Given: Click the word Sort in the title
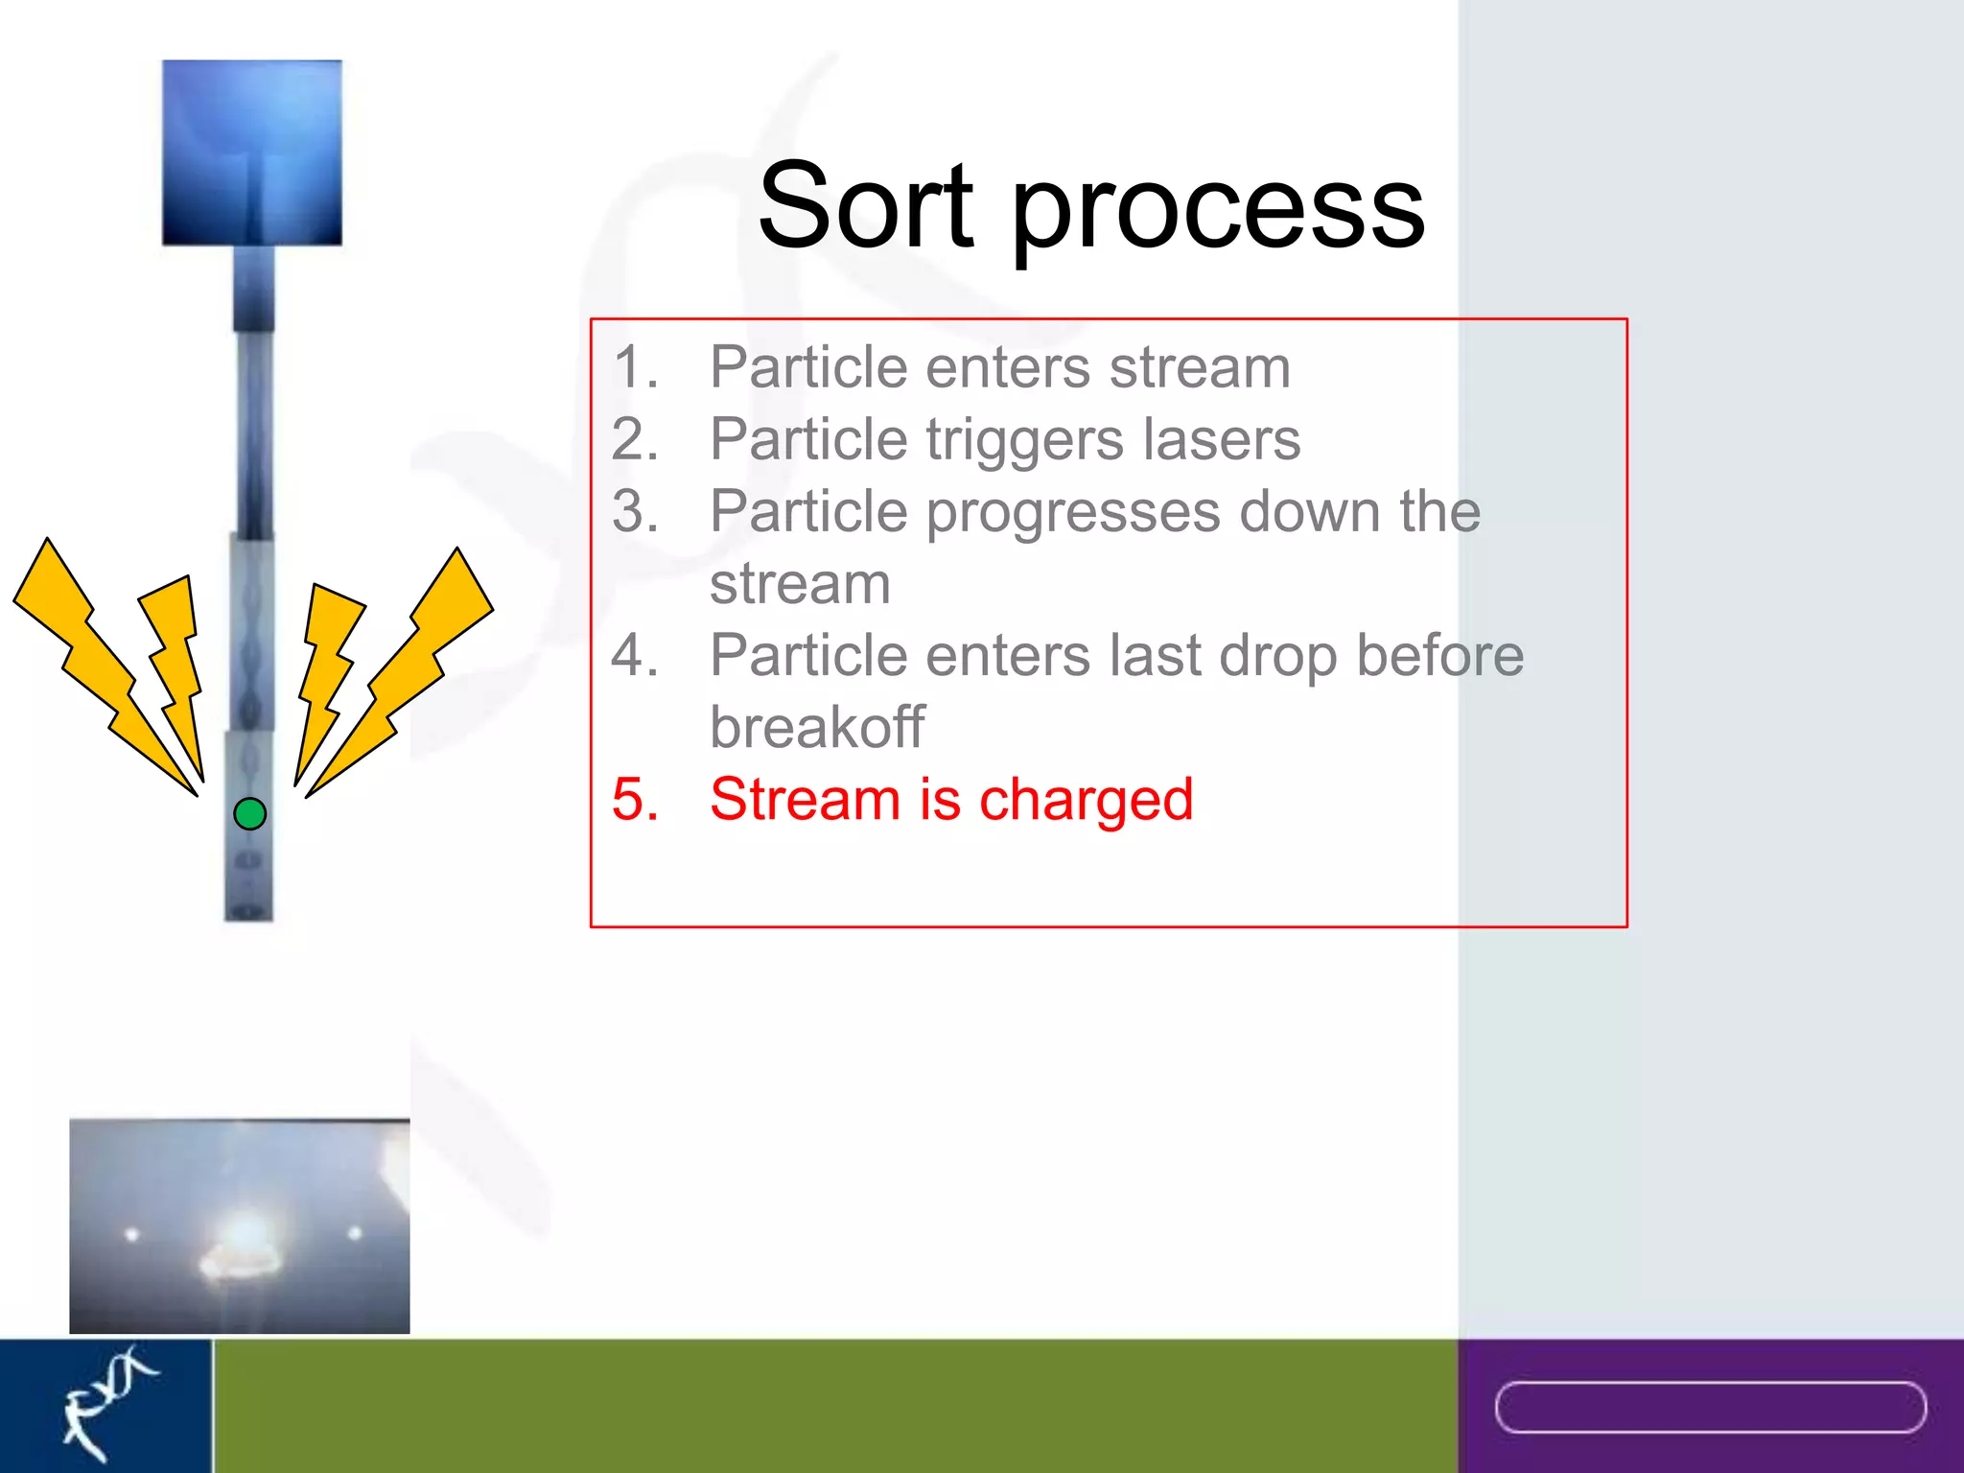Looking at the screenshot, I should click(865, 206).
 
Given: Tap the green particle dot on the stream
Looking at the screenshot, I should click(249, 814).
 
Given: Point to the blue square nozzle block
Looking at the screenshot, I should click(251, 152).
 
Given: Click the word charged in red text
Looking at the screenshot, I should click(1086, 801).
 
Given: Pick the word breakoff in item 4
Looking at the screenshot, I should click(817, 727).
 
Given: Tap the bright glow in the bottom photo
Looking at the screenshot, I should click(245, 1237).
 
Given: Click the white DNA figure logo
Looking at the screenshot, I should click(105, 1402).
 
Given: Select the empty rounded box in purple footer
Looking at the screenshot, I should click(1710, 1407).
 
